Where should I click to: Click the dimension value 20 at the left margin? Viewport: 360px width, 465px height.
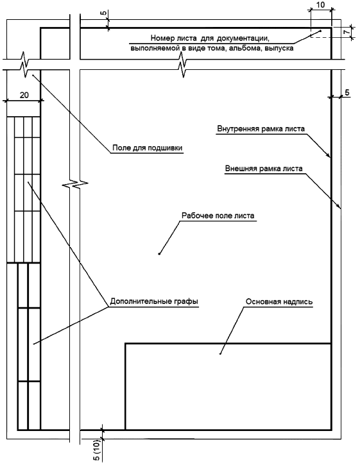click(x=24, y=95)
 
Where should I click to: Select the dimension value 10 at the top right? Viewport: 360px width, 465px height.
click(x=321, y=4)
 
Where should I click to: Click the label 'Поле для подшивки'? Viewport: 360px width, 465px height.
click(x=147, y=148)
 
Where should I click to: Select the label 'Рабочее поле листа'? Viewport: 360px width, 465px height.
click(x=218, y=216)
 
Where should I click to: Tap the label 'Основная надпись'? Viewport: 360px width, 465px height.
click(x=279, y=301)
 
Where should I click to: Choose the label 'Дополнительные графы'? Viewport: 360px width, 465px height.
click(x=154, y=301)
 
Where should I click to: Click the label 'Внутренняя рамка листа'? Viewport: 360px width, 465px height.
click(x=261, y=129)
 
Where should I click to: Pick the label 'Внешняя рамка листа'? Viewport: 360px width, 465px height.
click(x=264, y=169)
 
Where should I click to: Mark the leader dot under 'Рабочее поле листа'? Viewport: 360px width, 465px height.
click(x=159, y=254)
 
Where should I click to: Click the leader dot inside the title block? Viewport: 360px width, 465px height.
click(x=220, y=354)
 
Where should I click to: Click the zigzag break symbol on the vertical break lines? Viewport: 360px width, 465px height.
click(x=75, y=184)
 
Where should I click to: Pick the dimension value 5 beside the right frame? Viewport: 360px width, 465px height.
click(x=347, y=92)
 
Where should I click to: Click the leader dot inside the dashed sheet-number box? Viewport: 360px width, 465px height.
click(x=320, y=31)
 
